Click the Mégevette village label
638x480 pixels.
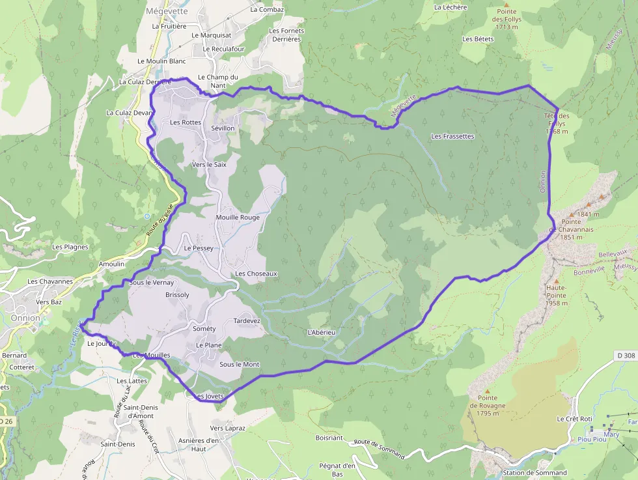click(x=167, y=11)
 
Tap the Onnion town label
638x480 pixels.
click(x=25, y=318)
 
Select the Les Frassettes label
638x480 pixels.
click(x=452, y=137)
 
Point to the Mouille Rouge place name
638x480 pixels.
click(x=238, y=218)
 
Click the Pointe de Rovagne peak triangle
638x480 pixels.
click(x=487, y=391)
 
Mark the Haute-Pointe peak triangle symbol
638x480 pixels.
click(x=557, y=281)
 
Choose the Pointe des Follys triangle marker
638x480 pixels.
click(x=505, y=4)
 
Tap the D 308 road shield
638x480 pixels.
click(x=624, y=356)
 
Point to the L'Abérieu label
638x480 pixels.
click(x=321, y=333)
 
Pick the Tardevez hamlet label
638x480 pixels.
click(x=247, y=321)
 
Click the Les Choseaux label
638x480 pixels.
click(x=257, y=274)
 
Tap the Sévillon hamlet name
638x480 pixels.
click(x=223, y=128)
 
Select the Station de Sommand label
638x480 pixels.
click(x=534, y=473)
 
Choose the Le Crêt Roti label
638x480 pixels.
click(x=574, y=419)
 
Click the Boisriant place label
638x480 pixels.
click(x=329, y=438)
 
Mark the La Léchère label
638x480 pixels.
click(x=450, y=7)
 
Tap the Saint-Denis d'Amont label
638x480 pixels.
click(x=141, y=411)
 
